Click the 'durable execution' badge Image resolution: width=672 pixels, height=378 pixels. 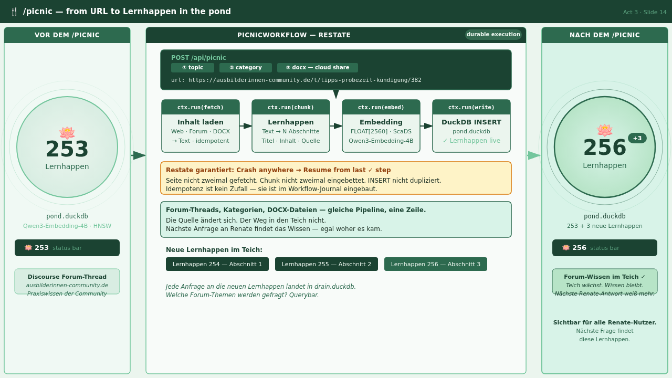tap(493, 35)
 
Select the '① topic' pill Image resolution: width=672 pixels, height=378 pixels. tap(193, 68)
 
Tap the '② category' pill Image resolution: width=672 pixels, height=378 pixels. tap(246, 68)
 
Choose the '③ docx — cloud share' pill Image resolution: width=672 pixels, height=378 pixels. tap(318, 68)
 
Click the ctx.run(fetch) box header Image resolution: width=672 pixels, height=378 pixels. tap(201, 107)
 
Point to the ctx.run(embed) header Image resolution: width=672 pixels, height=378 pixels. tap(381, 107)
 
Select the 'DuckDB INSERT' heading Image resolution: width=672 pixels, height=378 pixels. tap(471, 122)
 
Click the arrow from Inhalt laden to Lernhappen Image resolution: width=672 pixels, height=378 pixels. tap(246, 126)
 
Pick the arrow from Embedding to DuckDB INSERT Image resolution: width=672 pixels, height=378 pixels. tap(426, 126)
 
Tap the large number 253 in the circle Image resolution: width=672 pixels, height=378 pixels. tap(67, 149)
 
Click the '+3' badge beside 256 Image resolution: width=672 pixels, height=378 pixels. tap(637, 138)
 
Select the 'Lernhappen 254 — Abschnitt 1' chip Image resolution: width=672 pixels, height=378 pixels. tap(217, 264)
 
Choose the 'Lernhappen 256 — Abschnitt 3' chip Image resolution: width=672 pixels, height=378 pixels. tap(436, 264)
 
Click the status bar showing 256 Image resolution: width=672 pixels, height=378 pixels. tap(604, 248)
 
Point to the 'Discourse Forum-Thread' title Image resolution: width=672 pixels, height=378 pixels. tap(67, 277)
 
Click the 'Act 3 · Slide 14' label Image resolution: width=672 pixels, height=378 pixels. tap(645, 12)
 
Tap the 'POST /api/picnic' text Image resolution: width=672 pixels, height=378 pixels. tap(198, 58)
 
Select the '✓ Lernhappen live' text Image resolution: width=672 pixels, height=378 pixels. tap(471, 141)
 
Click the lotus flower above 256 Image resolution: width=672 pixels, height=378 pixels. tap(604, 130)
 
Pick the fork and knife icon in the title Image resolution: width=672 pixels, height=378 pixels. tap(14, 12)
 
